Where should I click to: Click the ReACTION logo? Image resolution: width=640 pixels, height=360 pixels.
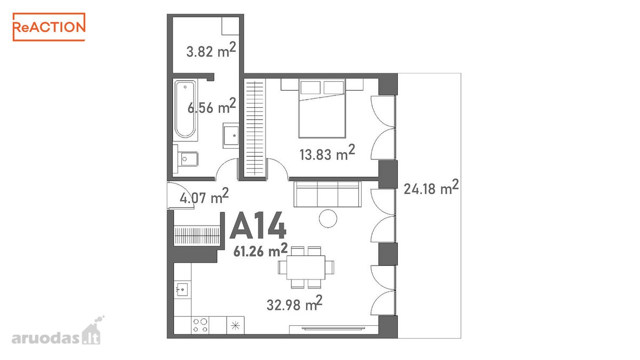[x=49, y=27]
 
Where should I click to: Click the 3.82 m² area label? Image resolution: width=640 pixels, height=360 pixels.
[x=211, y=50]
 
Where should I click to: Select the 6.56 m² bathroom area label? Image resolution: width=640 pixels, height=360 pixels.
[x=212, y=106]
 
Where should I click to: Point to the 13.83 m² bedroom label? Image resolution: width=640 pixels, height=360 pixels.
[x=327, y=153]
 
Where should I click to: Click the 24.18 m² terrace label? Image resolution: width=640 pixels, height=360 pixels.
[x=431, y=187]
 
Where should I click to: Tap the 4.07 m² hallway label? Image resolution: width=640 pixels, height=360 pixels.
[x=204, y=196]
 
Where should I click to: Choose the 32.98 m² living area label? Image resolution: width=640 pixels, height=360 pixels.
[x=294, y=303]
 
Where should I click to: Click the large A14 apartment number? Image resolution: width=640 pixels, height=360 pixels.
[x=258, y=226]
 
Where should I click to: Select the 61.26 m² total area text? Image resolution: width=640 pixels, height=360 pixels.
[x=260, y=250]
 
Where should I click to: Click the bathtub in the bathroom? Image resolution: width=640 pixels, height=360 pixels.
[x=186, y=110]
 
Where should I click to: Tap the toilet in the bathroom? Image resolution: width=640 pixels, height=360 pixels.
[x=186, y=159]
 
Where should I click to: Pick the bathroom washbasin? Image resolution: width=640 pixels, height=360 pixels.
[x=231, y=135]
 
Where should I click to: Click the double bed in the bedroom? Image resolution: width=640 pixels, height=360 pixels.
[x=322, y=108]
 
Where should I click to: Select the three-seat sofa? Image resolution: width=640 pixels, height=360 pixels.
[x=327, y=194]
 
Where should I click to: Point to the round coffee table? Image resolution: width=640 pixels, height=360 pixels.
[x=328, y=219]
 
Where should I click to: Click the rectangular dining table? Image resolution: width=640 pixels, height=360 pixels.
[x=306, y=267]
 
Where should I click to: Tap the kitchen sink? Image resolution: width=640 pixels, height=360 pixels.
[x=182, y=290]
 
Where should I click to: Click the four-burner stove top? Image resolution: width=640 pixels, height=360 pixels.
[x=200, y=325]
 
